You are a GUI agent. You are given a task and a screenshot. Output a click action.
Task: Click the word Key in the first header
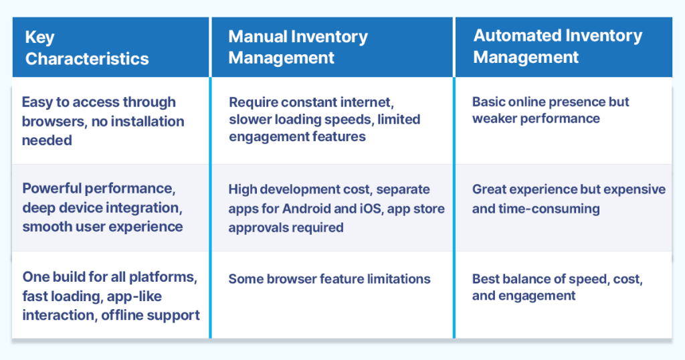click(39, 38)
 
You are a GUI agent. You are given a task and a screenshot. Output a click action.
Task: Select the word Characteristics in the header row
click(87, 59)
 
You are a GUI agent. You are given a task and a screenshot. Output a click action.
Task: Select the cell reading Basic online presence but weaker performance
click(550, 110)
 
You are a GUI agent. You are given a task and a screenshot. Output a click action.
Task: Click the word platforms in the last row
click(167, 276)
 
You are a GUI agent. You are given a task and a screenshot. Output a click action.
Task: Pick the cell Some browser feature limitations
click(329, 279)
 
